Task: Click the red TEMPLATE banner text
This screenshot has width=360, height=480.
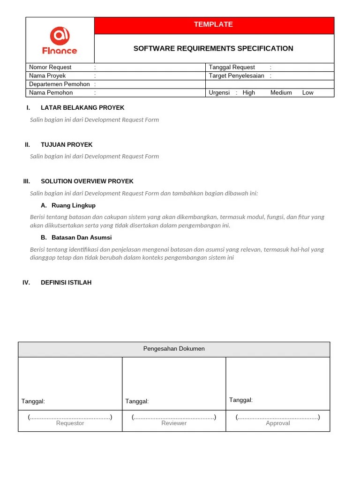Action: (x=213, y=24)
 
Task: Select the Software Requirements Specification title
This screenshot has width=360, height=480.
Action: (x=213, y=48)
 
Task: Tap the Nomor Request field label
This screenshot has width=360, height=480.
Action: (x=50, y=67)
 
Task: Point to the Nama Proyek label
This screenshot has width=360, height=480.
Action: (x=47, y=76)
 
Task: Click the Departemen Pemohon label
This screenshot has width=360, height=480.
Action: (x=60, y=84)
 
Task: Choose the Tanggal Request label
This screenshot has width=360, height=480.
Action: (x=232, y=67)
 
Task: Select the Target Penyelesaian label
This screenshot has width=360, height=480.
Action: (x=236, y=76)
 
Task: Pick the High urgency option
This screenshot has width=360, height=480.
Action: (x=249, y=93)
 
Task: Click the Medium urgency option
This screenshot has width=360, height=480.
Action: (x=281, y=93)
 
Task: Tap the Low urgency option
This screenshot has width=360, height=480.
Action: (x=308, y=93)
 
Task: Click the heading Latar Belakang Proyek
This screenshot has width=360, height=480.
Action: (x=82, y=108)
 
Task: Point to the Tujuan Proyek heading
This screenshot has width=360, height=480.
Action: (x=67, y=145)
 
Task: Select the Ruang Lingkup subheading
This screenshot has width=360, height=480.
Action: (x=74, y=206)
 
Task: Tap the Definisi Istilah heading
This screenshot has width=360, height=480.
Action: (x=66, y=283)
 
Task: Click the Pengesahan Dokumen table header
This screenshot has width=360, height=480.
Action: (x=174, y=349)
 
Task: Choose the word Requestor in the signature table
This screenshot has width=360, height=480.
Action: (x=70, y=423)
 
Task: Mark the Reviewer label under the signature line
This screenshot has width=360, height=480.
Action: (x=174, y=423)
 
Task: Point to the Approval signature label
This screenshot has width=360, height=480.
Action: (x=278, y=423)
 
